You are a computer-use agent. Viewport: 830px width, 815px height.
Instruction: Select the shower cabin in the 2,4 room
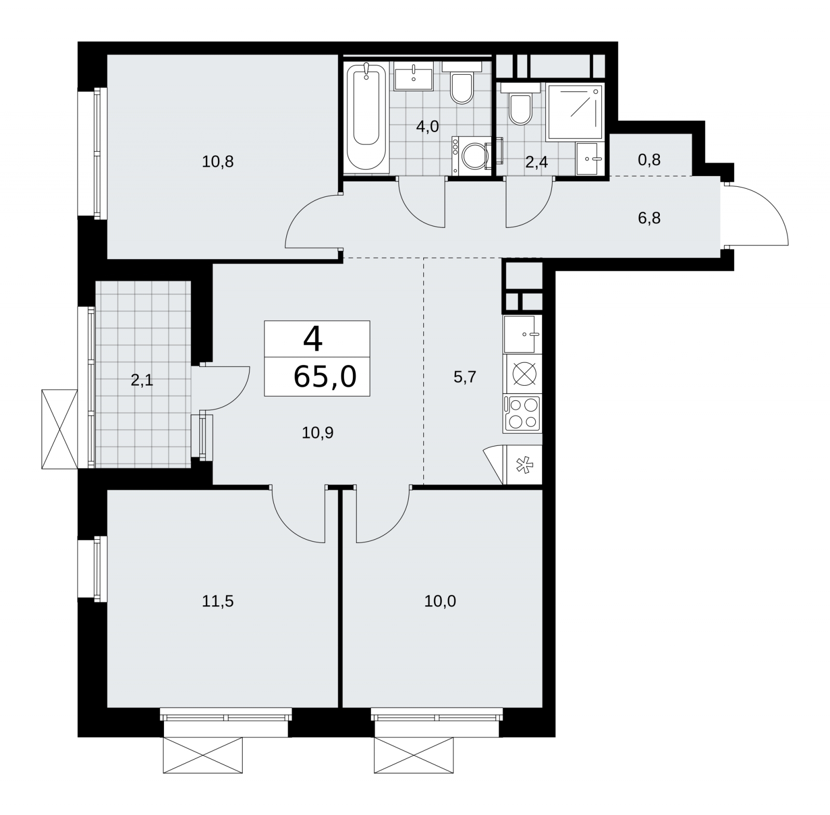click(x=575, y=112)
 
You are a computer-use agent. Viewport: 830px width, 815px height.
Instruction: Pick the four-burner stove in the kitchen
click(x=522, y=413)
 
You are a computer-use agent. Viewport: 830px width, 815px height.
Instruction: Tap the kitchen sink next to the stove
click(x=522, y=334)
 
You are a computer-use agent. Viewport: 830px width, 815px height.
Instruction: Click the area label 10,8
click(x=218, y=162)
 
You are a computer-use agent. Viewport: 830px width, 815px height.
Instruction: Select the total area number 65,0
click(x=325, y=377)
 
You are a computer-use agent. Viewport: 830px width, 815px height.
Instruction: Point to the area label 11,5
click(x=218, y=601)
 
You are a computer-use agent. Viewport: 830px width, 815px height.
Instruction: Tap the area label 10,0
click(x=440, y=601)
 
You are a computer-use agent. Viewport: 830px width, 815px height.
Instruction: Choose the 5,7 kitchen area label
click(x=465, y=377)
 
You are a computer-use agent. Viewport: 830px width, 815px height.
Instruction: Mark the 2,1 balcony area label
click(x=142, y=381)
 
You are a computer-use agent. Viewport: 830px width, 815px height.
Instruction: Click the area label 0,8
click(x=649, y=159)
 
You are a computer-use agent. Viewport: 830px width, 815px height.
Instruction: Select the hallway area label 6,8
click(x=649, y=218)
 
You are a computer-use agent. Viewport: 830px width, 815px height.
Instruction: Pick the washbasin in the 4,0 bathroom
click(x=413, y=76)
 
